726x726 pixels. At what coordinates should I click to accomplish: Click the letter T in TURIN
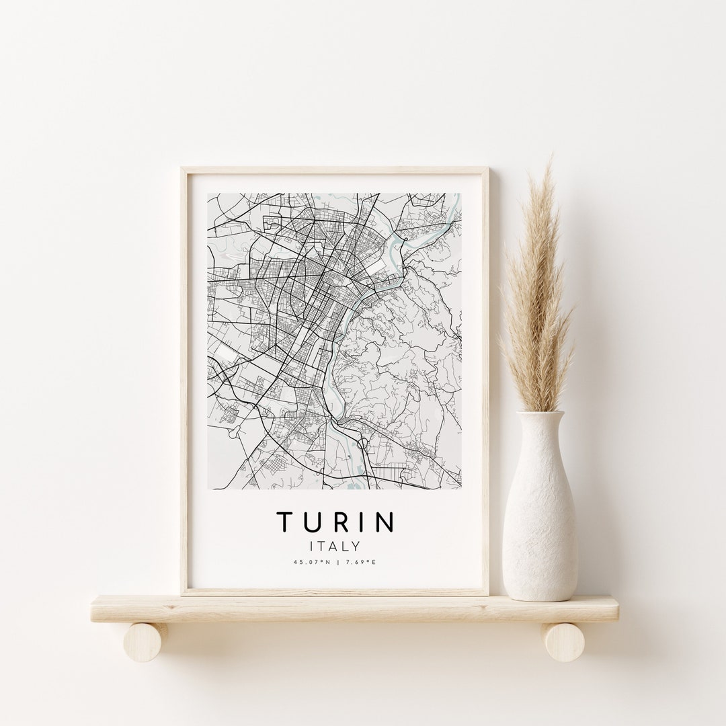[284, 522]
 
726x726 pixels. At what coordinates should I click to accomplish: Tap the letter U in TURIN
[311, 522]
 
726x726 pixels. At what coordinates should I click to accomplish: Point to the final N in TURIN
[386, 522]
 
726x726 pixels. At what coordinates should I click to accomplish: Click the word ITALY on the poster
[335, 547]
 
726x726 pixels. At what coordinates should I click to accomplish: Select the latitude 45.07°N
[311, 562]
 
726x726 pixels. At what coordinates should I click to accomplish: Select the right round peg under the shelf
[563, 641]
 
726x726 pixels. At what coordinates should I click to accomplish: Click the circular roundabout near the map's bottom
[363, 444]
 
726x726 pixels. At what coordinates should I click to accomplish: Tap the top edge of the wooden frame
[335, 171]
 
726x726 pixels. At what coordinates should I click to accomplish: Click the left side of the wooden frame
[184, 376]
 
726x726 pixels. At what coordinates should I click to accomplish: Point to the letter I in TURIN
[362, 522]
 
